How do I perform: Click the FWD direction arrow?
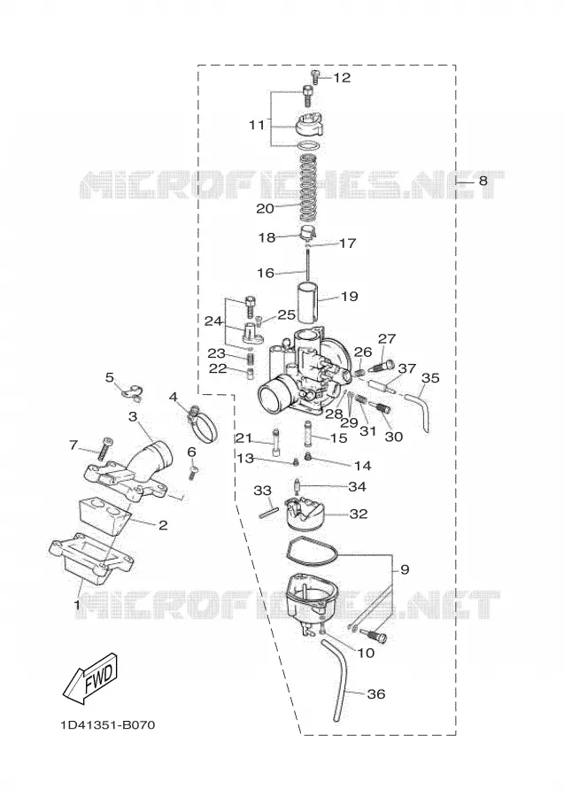90,679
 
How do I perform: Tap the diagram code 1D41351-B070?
108,724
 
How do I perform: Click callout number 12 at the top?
342,78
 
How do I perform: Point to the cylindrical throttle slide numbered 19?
310,304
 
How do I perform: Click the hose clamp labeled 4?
202,425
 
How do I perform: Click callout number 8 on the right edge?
483,181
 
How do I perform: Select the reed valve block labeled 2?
104,515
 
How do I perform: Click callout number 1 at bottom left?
77,606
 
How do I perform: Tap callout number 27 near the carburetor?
387,339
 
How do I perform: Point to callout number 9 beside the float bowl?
405,569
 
